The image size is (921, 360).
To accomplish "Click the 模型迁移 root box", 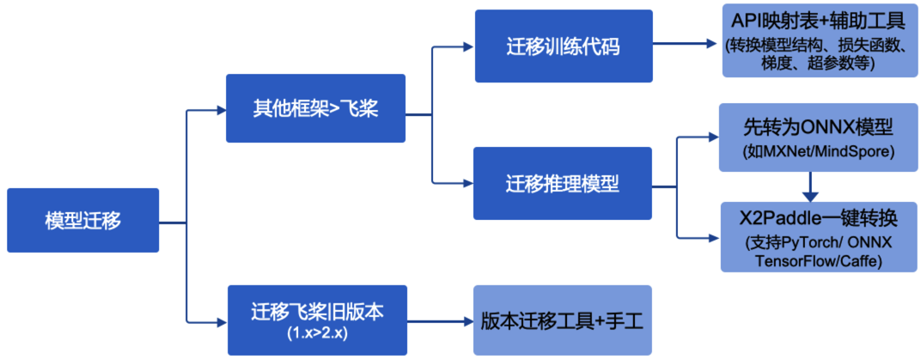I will coord(82,220).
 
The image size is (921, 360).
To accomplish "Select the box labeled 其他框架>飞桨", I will coord(315,108).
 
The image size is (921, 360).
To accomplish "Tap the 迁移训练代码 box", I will coord(562,46).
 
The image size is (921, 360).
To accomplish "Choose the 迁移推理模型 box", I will coord(562,182).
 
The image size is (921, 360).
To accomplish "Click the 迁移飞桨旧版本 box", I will coord(315,310).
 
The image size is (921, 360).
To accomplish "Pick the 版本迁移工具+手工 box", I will coord(562,320).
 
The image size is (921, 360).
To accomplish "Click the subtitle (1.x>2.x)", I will coord(315,332).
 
